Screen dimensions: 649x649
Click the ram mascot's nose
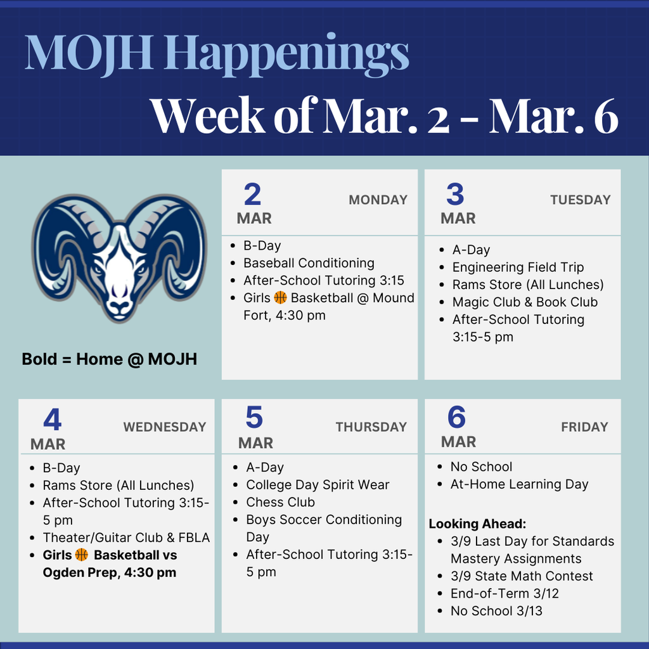(x=119, y=306)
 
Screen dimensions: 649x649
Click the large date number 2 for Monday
(x=252, y=195)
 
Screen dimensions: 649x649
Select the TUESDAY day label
(x=580, y=200)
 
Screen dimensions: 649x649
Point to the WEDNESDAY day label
(x=165, y=427)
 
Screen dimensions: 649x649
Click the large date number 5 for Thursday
(x=254, y=418)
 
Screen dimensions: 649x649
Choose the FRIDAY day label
(x=584, y=427)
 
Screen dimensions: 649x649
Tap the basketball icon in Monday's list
(x=280, y=298)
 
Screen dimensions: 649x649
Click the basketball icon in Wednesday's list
(x=82, y=555)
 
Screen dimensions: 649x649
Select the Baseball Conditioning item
(x=309, y=263)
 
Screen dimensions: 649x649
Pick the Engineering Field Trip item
(x=518, y=267)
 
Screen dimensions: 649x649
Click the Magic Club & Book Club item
(x=525, y=302)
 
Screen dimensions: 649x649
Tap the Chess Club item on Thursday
(x=280, y=502)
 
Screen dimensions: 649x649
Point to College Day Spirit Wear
(x=318, y=485)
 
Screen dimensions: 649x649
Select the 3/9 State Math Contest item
(x=522, y=576)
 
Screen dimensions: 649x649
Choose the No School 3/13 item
(x=496, y=611)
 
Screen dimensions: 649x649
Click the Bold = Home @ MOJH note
(x=109, y=359)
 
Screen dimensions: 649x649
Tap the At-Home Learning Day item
(x=519, y=484)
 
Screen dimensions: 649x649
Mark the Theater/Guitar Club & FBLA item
(x=126, y=537)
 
